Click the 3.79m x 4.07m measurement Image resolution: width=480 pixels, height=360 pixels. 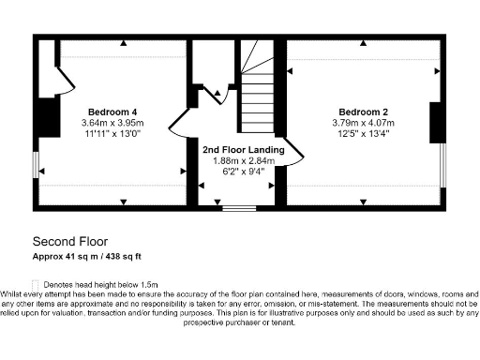[x=363, y=123]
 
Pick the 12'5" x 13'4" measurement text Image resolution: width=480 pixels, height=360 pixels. [x=363, y=134]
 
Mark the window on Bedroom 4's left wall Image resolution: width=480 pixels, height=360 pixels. [x=37, y=165]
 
